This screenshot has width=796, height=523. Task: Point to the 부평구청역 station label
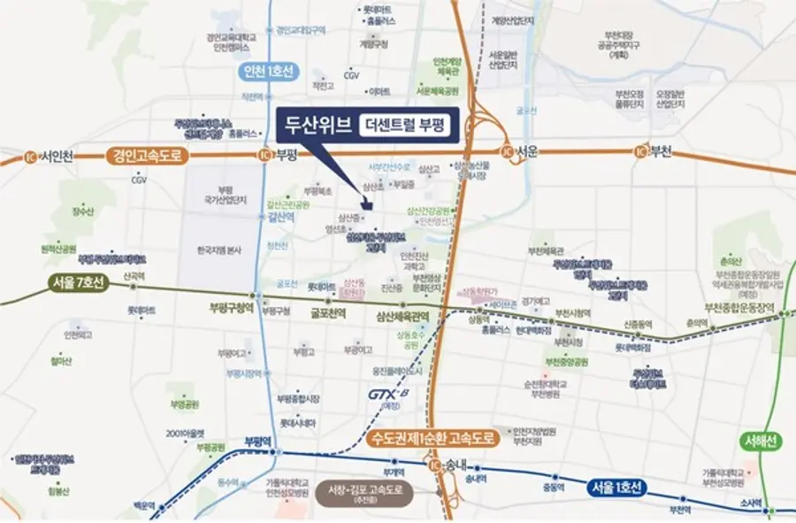[231, 309]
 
